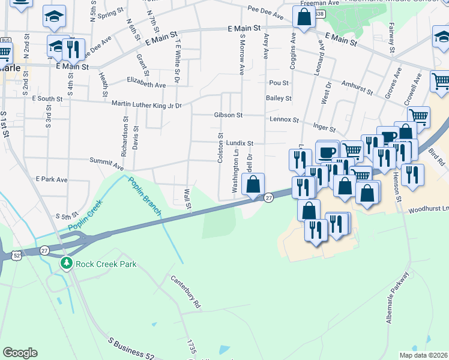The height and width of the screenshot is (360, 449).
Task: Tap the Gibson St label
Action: pos(228,115)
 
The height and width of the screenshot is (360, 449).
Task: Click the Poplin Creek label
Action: pos(85,215)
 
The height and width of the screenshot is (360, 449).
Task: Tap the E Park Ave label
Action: pos(52,179)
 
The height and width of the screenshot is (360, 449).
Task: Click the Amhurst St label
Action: pos(357,89)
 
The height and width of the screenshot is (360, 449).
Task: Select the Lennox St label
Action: pos(284,119)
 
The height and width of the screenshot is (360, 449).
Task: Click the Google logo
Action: pos(20,352)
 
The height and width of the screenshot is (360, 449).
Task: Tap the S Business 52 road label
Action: pos(131,349)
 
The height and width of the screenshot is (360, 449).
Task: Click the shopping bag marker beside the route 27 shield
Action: pos(253,185)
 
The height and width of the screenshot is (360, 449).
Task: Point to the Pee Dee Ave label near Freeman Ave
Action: pos(264,10)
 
